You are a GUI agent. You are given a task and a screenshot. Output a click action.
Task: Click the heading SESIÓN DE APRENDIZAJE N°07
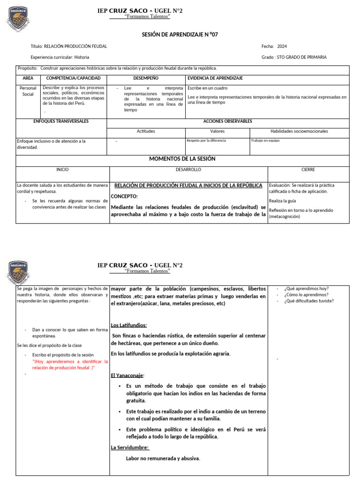click(x=180, y=35)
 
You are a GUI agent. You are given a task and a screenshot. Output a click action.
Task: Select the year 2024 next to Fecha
click(x=282, y=46)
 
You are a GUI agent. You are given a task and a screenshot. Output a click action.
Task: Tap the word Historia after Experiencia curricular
click(x=82, y=57)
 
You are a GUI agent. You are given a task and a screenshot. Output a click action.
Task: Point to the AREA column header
click(x=28, y=78)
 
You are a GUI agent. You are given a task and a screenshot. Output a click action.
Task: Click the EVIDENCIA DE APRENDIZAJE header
click(x=215, y=78)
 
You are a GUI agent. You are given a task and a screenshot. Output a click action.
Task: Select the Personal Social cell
click(x=28, y=91)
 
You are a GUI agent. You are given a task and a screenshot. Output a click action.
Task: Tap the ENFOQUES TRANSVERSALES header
click(x=61, y=121)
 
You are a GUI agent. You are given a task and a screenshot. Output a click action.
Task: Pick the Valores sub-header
click(x=217, y=131)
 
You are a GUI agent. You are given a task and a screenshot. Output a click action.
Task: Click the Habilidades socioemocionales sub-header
click(x=299, y=131)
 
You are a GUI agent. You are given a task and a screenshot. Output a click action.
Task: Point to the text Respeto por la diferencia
click(x=206, y=141)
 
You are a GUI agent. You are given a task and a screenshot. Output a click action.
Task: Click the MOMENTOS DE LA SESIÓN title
click(x=182, y=159)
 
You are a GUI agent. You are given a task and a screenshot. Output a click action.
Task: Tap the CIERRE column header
click(x=308, y=170)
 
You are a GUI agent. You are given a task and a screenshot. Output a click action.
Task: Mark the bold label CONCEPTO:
click(x=124, y=196)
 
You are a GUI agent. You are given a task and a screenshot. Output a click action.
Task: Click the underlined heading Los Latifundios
click(x=129, y=325)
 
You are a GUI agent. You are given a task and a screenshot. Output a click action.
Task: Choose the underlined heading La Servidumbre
click(x=130, y=448)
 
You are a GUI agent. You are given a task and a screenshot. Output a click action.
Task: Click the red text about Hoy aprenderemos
click(x=70, y=365)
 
